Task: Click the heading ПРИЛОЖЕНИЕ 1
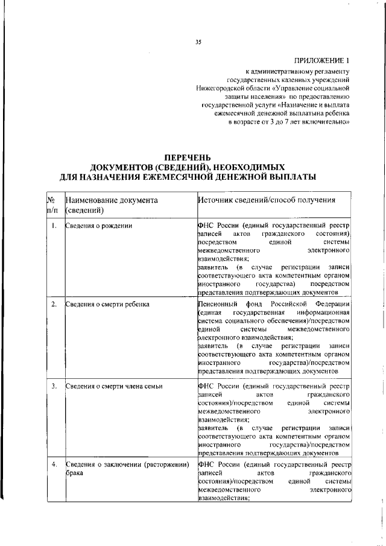tap(321, 60)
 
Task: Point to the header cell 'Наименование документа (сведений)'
tap(112, 205)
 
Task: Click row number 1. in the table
tap(54, 226)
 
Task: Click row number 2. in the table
tap(54, 303)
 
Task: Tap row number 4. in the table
tap(54, 465)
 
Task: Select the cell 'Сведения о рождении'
tap(99, 226)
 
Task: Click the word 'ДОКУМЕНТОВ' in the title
tap(129, 167)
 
